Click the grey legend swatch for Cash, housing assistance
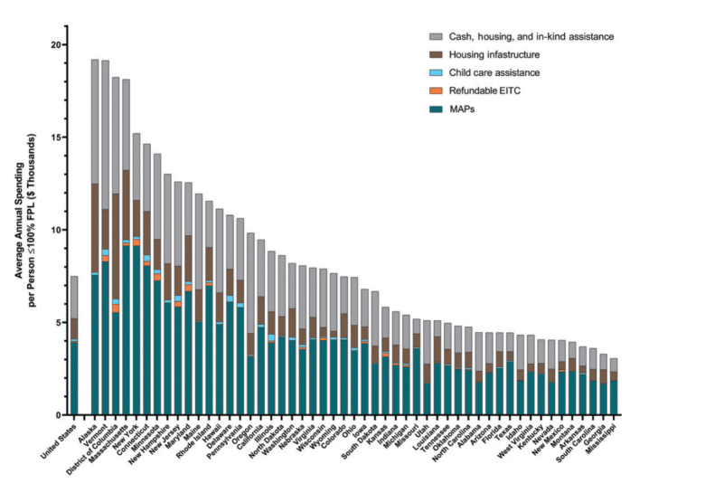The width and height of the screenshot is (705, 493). pyautogui.click(x=435, y=37)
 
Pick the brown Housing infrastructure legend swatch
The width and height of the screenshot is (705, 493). pyautogui.click(x=435, y=55)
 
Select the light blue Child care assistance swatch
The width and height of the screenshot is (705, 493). pyautogui.click(x=435, y=72)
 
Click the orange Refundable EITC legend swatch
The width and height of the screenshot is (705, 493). pyautogui.click(x=435, y=90)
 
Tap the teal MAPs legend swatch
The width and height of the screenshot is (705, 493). pyautogui.click(x=435, y=109)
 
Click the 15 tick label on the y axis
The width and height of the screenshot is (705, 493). pyautogui.click(x=54, y=137)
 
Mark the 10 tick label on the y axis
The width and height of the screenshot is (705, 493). pyautogui.click(x=54, y=230)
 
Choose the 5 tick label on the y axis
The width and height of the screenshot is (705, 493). pyautogui.click(x=57, y=322)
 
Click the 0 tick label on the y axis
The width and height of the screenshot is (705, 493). pyautogui.click(x=57, y=415)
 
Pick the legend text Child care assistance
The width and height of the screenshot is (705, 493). pyautogui.click(x=499, y=72)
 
